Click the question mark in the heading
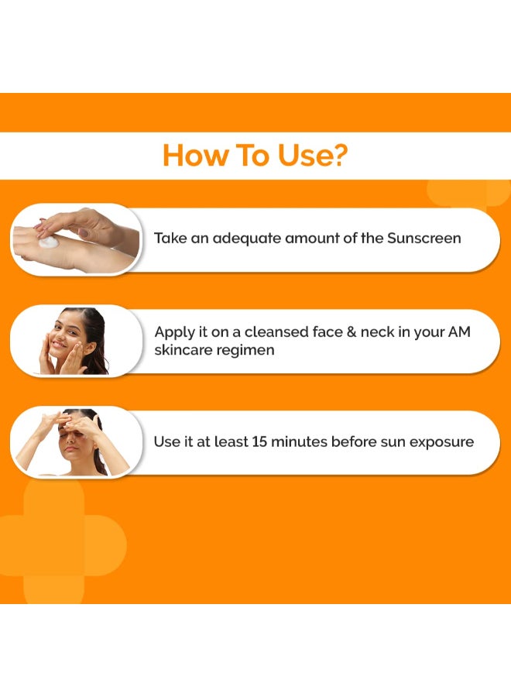pos(338,155)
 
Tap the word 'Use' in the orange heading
pos(297,155)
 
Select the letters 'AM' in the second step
pos(459,332)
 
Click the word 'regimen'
pos(249,351)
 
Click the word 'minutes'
pos(301,441)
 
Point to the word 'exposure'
pos(442,442)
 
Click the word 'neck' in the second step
pos(377,332)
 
